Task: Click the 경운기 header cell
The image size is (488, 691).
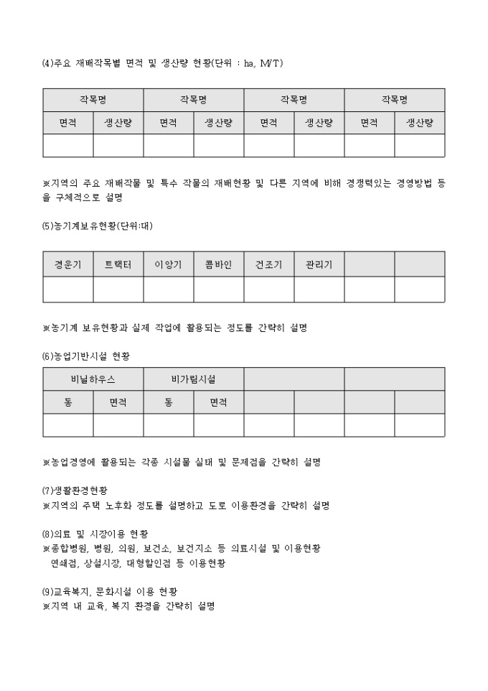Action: click(68, 264)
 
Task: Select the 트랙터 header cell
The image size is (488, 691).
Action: click(118, 264)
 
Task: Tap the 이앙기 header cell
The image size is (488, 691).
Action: click(169, 264)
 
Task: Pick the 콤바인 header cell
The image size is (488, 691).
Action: click(219, 264)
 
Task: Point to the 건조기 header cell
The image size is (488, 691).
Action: click(269, 264)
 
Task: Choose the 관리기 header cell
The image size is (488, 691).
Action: click(319, 264)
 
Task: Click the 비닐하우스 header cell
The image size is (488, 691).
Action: click(93, 379)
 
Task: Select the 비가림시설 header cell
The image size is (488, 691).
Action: click(194, 379)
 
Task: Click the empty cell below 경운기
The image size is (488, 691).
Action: click(68, 289)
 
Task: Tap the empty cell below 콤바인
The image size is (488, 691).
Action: click(219, 289)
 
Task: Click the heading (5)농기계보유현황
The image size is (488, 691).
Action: click(98, 226)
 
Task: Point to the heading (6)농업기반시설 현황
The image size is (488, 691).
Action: click(86, 356)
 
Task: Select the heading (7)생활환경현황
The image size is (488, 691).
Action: click(75, 491)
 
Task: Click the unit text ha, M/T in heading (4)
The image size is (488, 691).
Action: click(263, 64)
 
